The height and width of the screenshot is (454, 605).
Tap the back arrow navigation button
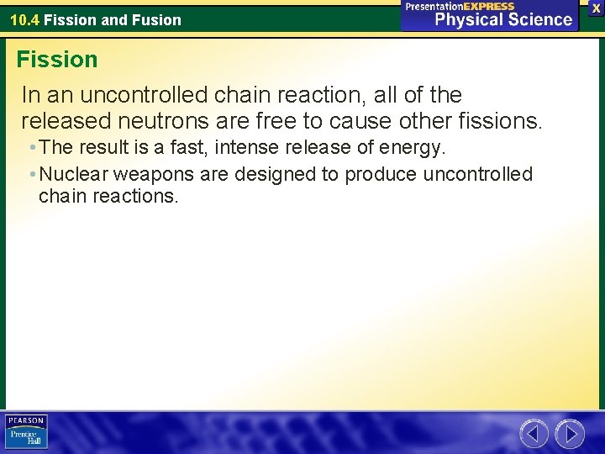[534, 434]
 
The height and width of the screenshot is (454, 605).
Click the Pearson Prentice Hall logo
[26, 431]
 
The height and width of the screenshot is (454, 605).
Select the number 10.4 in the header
[24, 20]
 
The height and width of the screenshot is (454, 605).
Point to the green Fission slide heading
[57, 60]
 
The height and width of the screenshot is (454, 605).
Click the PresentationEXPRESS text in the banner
[460, 6]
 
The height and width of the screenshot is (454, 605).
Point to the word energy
[414, 148]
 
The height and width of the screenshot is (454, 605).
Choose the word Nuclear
[71, 174]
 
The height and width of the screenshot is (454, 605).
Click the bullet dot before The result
[31, 148]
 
